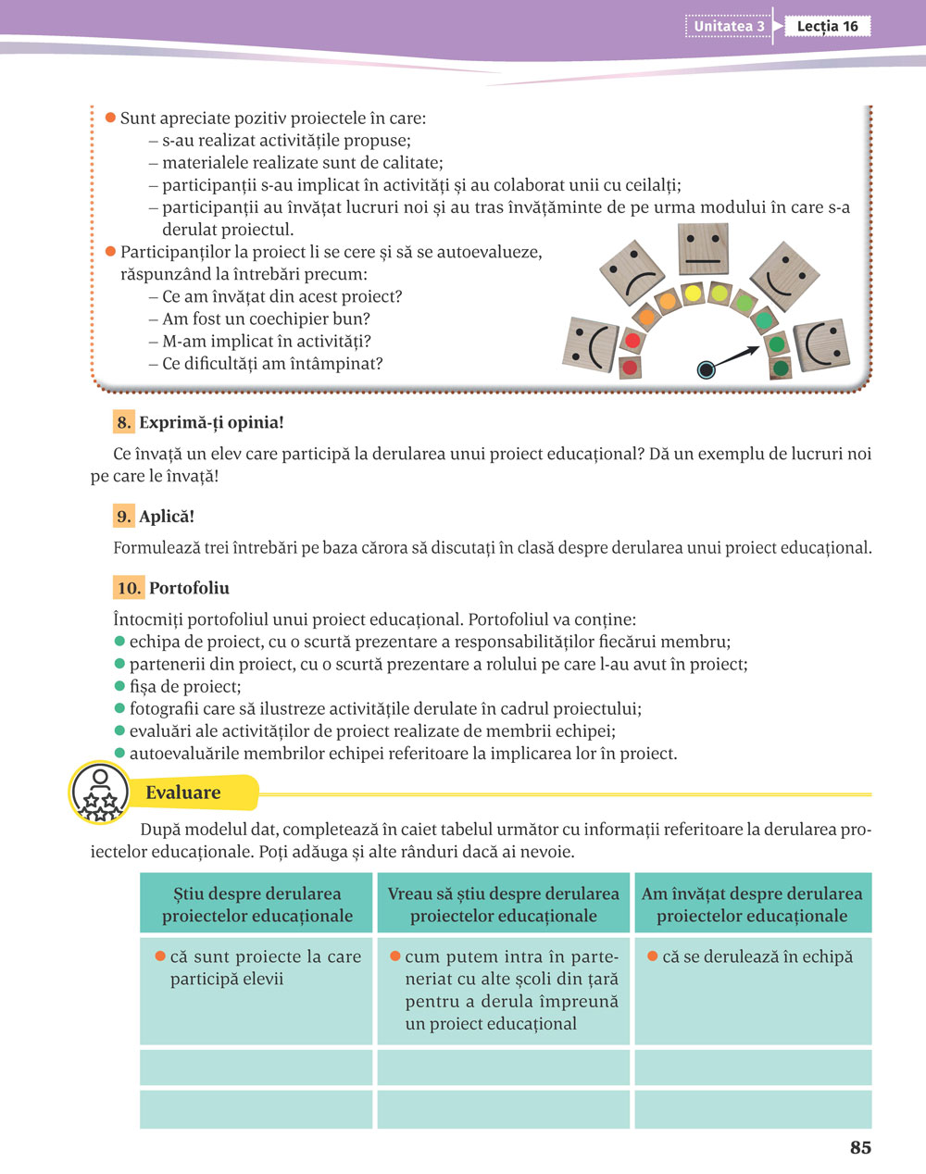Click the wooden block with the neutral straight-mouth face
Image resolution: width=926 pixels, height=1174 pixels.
click(x=706, y=248)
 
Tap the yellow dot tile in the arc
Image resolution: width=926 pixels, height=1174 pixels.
click(x=692, y=293)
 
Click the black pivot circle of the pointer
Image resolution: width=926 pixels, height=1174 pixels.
click(x=707, y=369)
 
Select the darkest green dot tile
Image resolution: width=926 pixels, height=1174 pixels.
click(x=781, y=368)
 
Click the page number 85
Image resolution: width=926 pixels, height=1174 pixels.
click(x=860, y=1147)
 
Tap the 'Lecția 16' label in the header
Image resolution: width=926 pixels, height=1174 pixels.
click(x=827, y=26)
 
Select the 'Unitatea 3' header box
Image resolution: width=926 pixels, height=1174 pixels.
click(x=729, y=26)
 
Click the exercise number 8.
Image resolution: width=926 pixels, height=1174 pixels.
click(x=124, y=422)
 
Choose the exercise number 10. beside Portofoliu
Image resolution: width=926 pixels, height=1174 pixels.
click(x=129, y=587)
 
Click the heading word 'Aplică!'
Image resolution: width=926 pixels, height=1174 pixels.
click(x=167, y=516)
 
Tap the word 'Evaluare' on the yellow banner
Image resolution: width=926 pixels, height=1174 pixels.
click(x=183, y=793)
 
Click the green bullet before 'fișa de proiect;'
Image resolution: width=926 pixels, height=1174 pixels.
click(x=119, y=686)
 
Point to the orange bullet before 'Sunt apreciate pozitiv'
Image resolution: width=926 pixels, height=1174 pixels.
click(x=110, y=118)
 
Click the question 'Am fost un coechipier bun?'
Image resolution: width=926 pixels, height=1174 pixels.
click(x=266, y=318)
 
